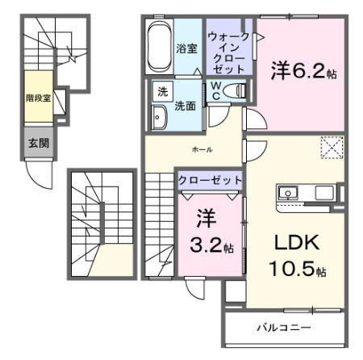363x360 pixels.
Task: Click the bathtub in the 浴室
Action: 160,46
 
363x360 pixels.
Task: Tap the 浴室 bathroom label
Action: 187,48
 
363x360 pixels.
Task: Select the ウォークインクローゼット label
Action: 228,52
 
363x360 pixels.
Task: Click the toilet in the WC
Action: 235,90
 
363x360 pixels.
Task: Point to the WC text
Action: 216,90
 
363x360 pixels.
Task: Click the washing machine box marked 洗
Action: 163,91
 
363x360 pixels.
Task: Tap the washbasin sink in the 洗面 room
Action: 159,117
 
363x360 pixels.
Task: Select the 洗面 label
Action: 185,107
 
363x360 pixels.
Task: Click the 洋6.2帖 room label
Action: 303,69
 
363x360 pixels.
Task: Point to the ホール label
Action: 202,149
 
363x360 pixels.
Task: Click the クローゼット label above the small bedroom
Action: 210,180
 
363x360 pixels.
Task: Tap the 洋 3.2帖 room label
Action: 211,232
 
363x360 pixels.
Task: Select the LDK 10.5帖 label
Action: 298,255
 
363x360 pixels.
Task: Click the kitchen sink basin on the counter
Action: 288,193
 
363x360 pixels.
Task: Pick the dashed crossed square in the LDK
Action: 332,148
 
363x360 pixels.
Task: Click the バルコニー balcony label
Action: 284,328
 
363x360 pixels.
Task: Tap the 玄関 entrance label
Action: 39,143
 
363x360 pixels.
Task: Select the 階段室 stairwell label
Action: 39,98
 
